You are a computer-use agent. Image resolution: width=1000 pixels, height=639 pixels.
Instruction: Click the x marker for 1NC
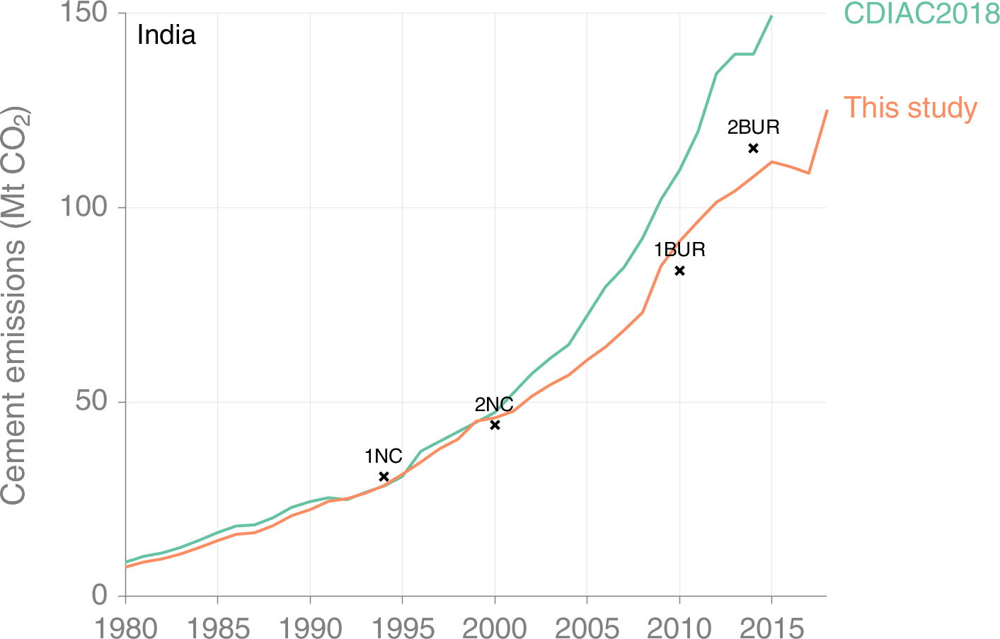(x=384, y=477)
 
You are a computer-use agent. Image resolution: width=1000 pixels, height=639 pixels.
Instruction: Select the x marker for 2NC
(x=495, y=425)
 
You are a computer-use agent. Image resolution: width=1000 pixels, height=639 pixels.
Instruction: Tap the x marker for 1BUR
(x=679, y=270)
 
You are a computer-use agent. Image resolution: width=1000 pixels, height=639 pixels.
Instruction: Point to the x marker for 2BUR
(x=753, y=148)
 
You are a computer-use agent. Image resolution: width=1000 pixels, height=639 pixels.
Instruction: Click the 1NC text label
(x=384, y=456)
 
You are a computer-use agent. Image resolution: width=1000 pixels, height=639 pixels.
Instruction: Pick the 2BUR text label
(x=753, y=127)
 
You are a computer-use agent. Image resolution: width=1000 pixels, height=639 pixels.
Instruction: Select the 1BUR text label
(x=679, y=250)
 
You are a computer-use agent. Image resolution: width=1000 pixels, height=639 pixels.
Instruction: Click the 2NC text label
(x=494, y=405)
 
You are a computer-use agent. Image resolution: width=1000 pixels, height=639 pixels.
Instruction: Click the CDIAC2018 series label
(x=921, y=14)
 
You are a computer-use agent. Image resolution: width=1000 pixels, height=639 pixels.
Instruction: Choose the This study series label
(x=910, y=108)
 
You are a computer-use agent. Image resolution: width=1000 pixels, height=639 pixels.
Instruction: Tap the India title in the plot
(x=166, y=35)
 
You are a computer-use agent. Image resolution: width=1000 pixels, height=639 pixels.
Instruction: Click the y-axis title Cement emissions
(x=14, y=305)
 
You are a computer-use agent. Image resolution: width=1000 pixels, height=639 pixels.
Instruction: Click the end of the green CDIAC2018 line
(x=771, y=16)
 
